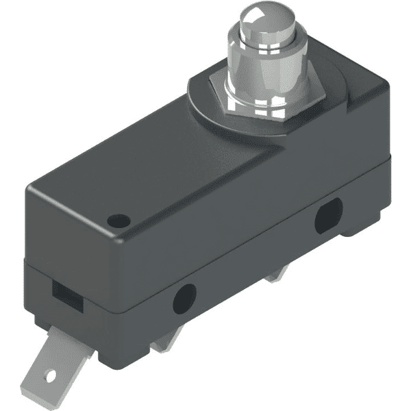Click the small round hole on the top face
click(x=119, y=221)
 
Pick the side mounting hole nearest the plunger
click(x=328, y=215)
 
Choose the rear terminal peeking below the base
click(x=277, y=274)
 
